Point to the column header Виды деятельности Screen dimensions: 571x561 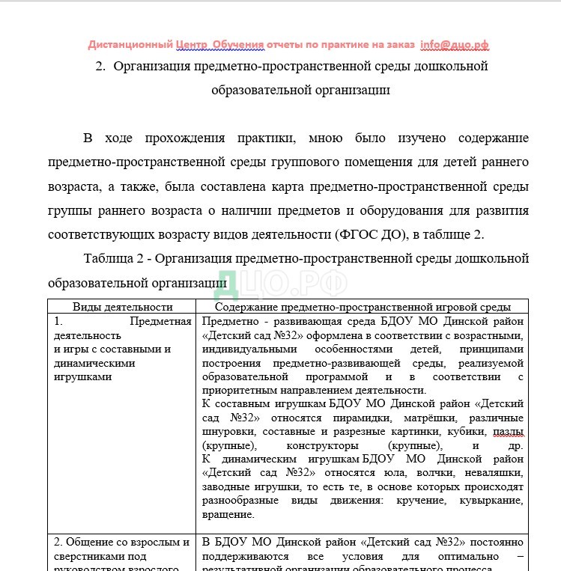(122, 307)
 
